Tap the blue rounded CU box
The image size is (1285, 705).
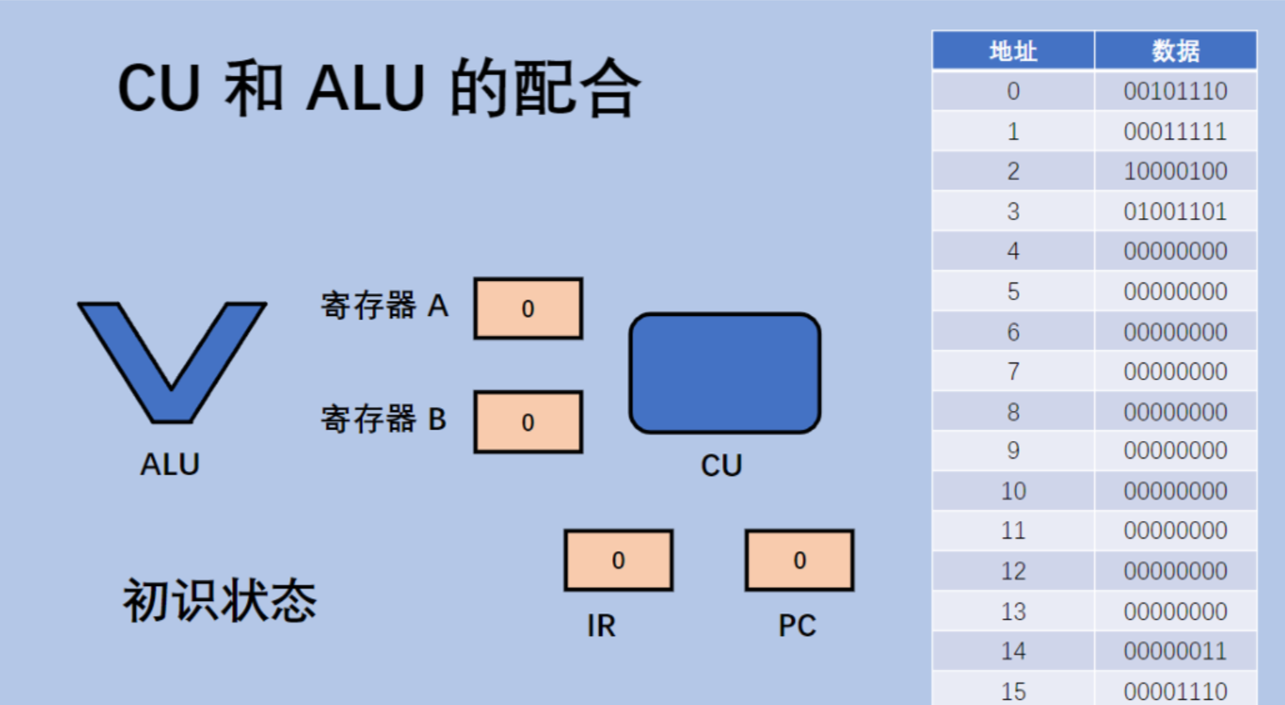click(x=725, y=373)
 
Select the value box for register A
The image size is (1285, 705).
click(x=528, y=308)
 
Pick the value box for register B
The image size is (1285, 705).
click(x=528, y=422)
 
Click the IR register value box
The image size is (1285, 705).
click(x=618, y=560)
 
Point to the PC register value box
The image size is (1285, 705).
click(x=799, y=560)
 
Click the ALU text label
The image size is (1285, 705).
click(x=170, y=464)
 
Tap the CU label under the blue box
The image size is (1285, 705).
click(x=721, y=466)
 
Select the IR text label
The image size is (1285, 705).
click(x=600, y=626)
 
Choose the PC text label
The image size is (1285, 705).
click(x=797, y=626)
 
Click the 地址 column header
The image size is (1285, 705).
click(x=1013, y=51)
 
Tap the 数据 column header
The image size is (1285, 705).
click(x=1175, y=51)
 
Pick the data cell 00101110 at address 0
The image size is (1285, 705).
click(x=1175, y=91)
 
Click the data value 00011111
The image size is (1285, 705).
click(x=1175, y=131)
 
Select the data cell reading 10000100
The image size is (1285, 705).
click(x=1175, y=171)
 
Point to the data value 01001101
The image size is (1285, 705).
click(x=1175, y=211)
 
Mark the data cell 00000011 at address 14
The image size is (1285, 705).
click(x=1175, y=651)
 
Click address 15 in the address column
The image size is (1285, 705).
click(x=1013, y=691)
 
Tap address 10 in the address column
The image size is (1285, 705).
click(x=1013, y=491)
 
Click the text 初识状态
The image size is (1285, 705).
click(x=220, y=600)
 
